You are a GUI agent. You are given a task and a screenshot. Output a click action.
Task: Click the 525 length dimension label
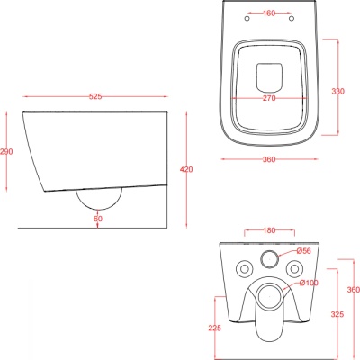point(95,96)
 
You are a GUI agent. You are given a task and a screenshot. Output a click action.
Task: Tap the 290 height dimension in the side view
point(6,152)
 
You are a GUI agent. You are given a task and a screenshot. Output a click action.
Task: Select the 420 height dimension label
point(186,169)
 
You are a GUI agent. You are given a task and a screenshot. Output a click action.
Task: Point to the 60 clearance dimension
point(98,219)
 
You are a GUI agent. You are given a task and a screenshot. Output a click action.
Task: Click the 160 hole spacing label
point(269,13)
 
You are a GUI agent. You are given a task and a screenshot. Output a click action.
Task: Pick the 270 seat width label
point(269,98)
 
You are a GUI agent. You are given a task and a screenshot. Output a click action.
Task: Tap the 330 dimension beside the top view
point(338,91)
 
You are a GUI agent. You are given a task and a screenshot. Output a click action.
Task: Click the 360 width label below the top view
point(269,159)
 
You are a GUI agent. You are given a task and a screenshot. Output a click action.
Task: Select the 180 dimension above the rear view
point(269,230)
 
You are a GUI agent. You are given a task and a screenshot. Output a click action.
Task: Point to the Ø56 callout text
point(303,251)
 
